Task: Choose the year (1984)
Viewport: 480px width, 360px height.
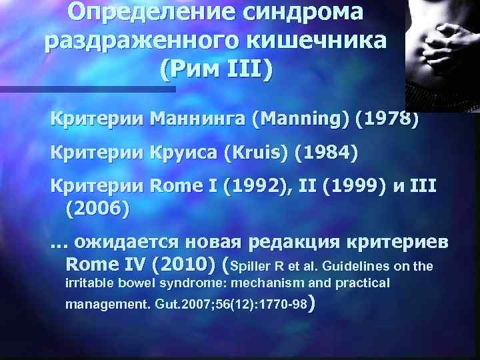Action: coord(326,154)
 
